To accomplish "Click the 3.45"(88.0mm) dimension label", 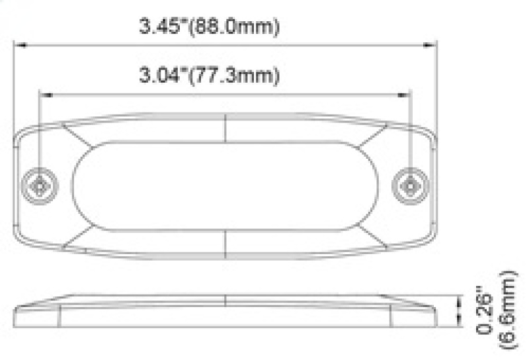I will coord(209,27).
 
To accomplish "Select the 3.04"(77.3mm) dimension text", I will coord(209,75).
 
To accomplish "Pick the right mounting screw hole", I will coord(411,186).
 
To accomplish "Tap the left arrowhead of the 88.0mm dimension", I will coord(20,46).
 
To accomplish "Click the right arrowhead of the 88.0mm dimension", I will coord(433,46).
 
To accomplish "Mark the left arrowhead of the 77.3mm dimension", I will coord(45,95).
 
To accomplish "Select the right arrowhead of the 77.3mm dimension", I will coord(407,95).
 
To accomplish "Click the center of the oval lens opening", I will coord(226,186).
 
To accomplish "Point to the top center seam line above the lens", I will coord(226,127).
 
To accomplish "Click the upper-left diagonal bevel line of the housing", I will coord(79,136).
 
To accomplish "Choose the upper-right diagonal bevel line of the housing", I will coord(373,136).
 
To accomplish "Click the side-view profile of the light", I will coord(226,309).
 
